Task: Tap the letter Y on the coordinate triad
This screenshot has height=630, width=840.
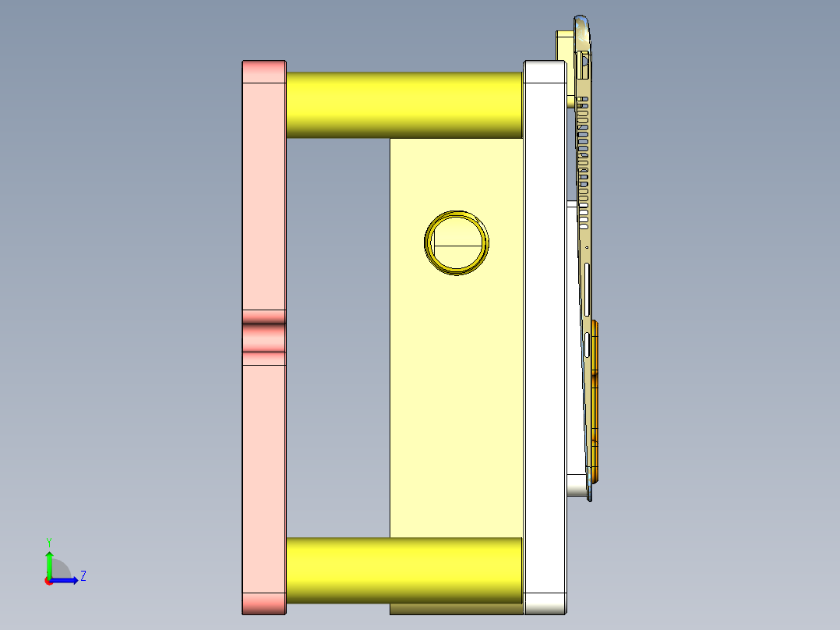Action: click(48, 541)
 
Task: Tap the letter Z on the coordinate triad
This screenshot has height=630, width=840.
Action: click(83, 576)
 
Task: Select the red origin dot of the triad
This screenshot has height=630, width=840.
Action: click(48, 581)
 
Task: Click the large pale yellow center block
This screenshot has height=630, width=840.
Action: click(456, 390)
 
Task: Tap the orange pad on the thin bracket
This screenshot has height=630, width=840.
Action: click(595, 398)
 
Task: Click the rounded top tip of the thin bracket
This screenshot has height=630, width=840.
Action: click(581, 20)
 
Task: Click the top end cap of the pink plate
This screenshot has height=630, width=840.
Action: click(264, 71)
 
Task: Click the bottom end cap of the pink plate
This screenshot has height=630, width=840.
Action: click(264, 603)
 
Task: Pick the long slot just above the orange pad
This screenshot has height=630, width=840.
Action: click(586, 343)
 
